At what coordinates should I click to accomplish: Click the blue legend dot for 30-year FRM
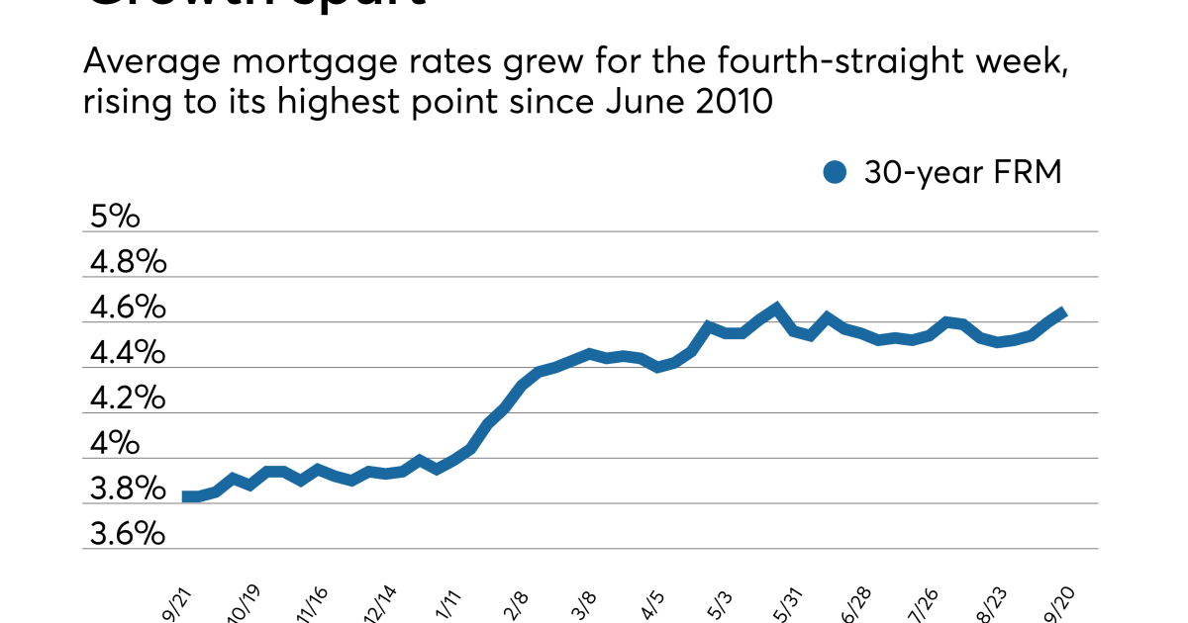tap(836, 173)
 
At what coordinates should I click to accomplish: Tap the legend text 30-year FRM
tap(962, 173)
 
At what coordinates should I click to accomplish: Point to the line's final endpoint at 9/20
tap(1062, 312)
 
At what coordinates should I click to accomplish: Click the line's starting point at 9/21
tap(186, 496)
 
